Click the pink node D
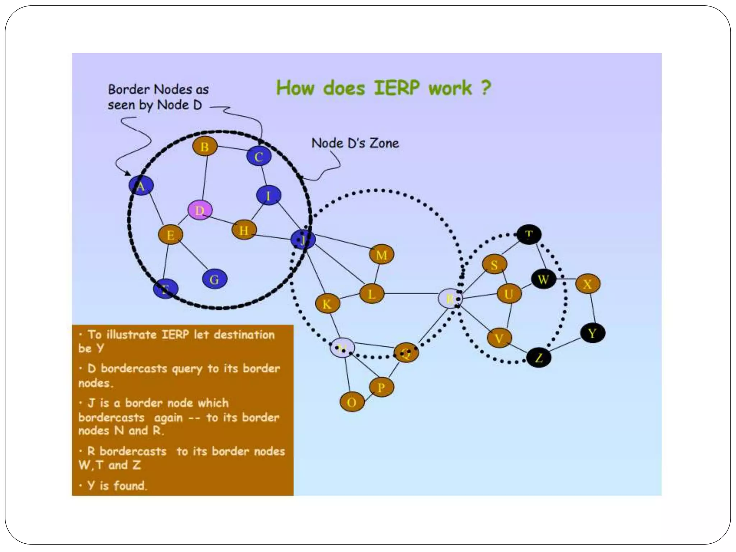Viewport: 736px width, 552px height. pos(200,210)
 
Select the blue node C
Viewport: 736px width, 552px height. pos(259,156)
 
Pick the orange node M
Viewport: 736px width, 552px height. pos(381,255)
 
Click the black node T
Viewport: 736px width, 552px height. pos(529,235)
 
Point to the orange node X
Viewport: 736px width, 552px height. pos(588,284)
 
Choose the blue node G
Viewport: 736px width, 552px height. pos(215,279)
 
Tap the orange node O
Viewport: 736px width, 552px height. pos(352,402)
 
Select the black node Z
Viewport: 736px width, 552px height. pos(539,358)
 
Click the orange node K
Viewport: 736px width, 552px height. pos(327,304)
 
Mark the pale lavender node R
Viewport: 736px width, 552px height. pos(450,298)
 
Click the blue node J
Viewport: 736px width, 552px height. pos(303,240)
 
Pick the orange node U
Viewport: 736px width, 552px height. pos(509,294)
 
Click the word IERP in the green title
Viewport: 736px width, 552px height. pos(396,88)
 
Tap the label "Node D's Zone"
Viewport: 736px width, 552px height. pos(355,143)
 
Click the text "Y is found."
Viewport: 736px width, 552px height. pos(117,486)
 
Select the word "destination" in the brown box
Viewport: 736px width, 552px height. pos(244,335)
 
